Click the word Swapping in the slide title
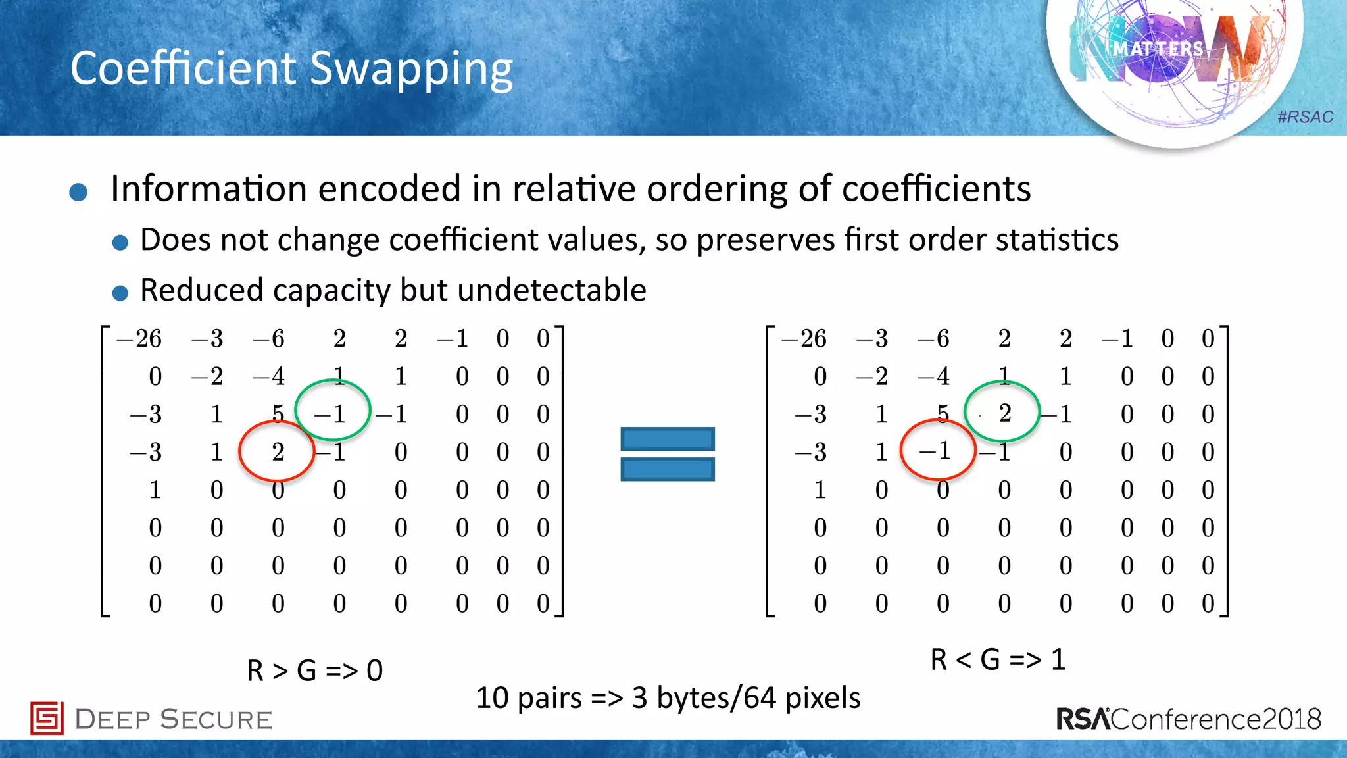coord(410,69)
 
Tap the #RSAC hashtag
coord(1305,117)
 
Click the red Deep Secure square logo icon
coord(47,718)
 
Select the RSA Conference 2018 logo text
coord(1188,719)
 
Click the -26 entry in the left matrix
coord(139,339)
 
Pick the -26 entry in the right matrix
coord(804,339)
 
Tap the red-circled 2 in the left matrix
coord(278,452)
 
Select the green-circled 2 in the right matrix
coord(1004,413)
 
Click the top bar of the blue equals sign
coord(667,439)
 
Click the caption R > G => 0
coord(314,670)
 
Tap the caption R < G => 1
coord(997,659)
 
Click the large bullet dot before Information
coord(78,192)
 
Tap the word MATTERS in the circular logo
coord(1158,49)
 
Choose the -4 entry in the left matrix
coord(269,376)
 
